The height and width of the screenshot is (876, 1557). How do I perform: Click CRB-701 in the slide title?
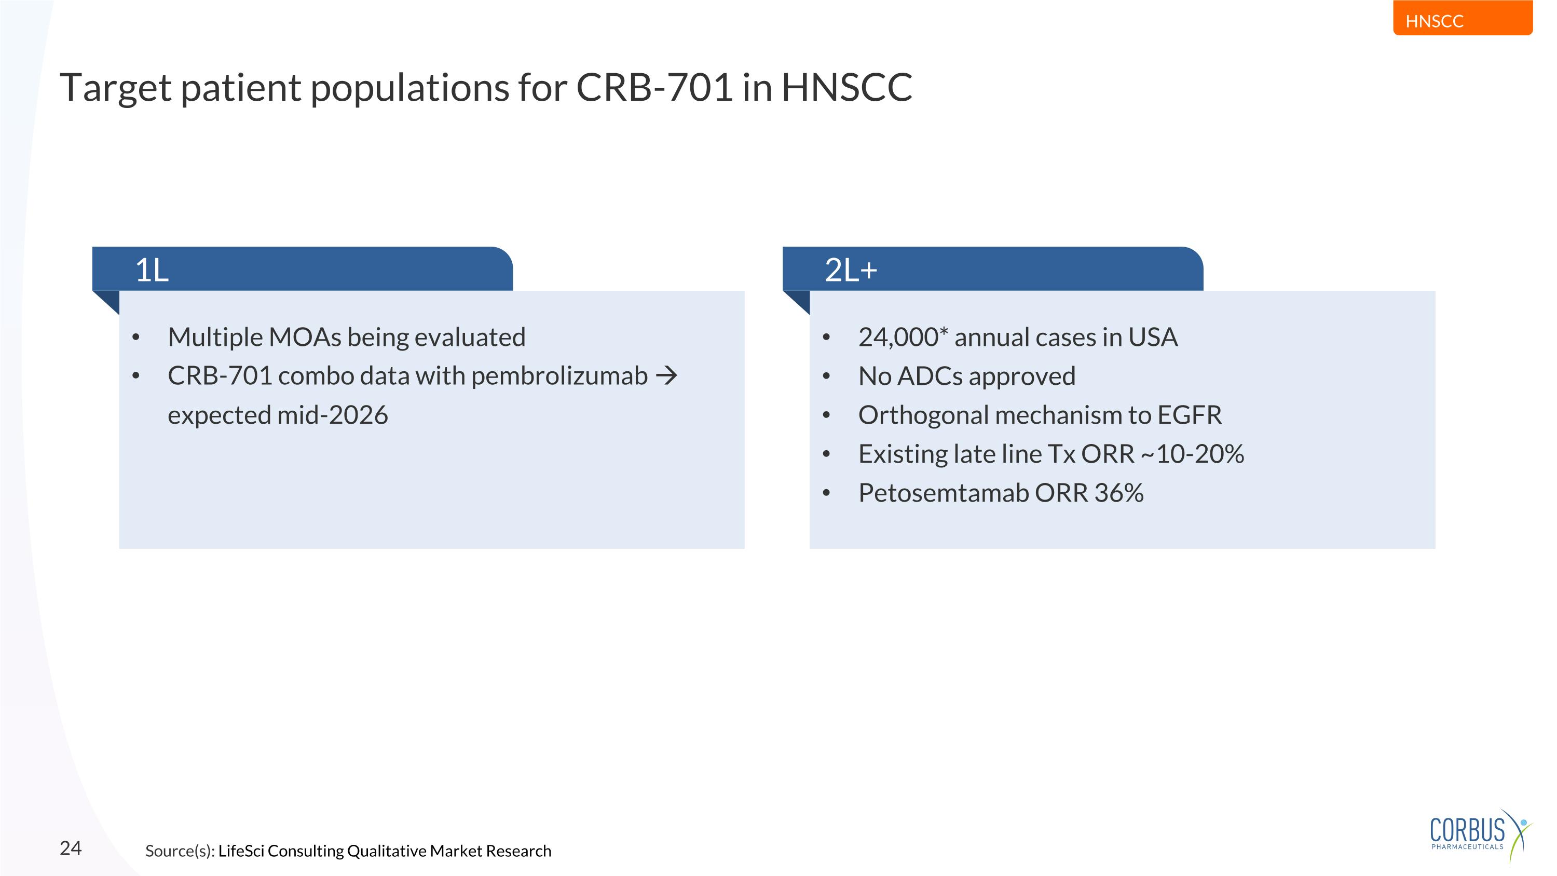(x=654, y=88)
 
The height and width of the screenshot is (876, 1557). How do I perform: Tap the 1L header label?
(x=152, y=269)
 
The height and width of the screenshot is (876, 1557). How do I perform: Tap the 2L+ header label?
(x=851, y=269)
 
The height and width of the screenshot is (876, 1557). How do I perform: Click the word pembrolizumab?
(x=559, y=376)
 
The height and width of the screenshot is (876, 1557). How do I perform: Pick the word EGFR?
(x=1189, y=415)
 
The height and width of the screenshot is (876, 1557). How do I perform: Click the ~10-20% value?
(x=1192, y=454)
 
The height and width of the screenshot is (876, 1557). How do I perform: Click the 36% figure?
(x=1119, y=493)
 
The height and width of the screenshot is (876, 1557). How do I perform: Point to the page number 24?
(x=70, y=848)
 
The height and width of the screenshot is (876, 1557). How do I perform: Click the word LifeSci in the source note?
(x=241, y=851)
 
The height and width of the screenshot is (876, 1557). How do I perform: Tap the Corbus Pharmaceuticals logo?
(x=1477, y=834)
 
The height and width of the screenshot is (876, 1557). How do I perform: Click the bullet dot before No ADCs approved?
(x=826, y=376)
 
